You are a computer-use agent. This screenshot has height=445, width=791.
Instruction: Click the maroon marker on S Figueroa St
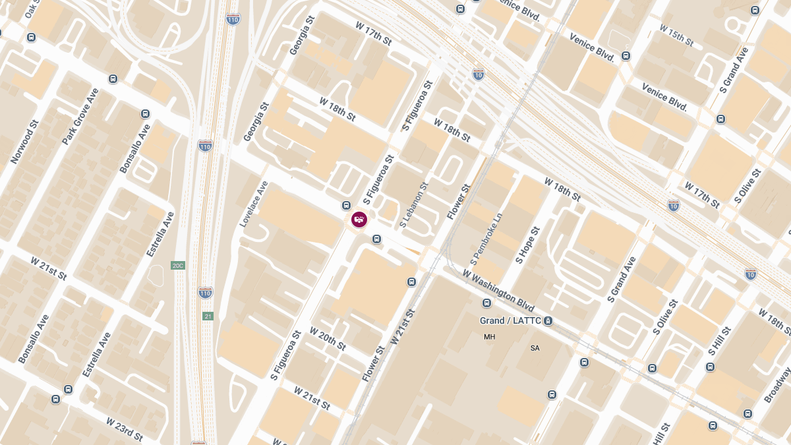click(x=359, y=220)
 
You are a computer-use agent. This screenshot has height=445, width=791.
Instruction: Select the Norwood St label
click(x=25, y=142)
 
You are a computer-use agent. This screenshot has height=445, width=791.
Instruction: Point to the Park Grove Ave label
click(x=80, y=117)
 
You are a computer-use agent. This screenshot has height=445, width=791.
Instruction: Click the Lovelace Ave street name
click(x=254, y=204)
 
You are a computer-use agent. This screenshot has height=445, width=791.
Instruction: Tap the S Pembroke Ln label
click(x=487, y=235)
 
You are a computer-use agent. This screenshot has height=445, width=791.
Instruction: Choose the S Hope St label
click(x=528, y=245)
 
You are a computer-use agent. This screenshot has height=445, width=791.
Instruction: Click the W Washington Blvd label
click(x=498, y=291)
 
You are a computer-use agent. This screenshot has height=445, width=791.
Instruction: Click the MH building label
click(x=489, y=337)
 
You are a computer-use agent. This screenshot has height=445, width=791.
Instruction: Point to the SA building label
click(x=535, y=347)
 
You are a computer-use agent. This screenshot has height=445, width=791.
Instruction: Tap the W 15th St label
click(x=676, y=36)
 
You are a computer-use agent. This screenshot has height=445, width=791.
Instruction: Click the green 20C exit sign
click(x=178, y=266)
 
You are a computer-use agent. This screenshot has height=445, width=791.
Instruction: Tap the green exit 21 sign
click(x=208, y=316)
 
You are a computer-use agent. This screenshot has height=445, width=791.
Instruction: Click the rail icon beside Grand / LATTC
click(x=548, y=321)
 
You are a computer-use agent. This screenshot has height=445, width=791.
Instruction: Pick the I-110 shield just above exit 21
click(x=206, y=292)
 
